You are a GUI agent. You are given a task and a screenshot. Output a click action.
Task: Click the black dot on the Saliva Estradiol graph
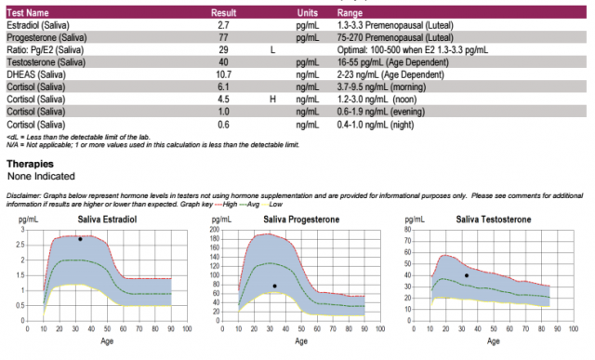tap(80, 239)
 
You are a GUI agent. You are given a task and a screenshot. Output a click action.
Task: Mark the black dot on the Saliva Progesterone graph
tap(274, 286)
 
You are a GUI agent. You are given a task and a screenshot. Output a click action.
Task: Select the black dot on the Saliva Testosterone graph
tap(467, 275)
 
